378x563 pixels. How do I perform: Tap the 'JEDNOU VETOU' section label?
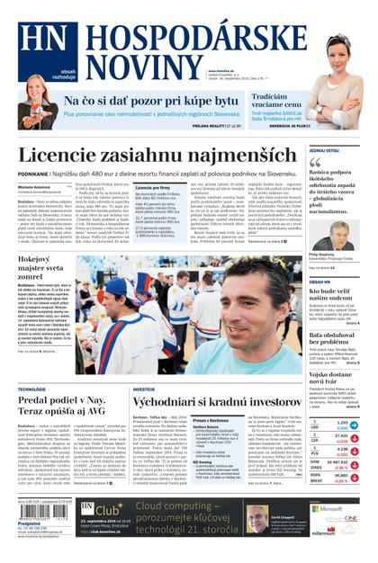[324, 150]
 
